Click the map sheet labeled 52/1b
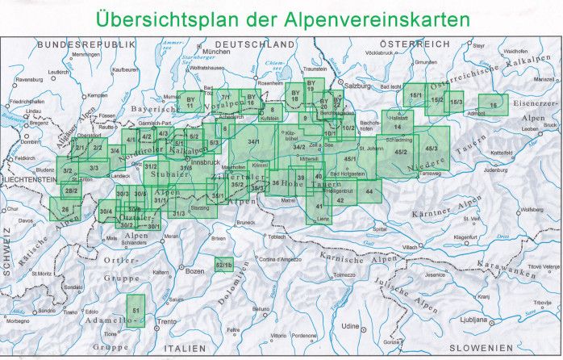(x=224, y=264)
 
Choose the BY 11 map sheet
(x=190, y=101)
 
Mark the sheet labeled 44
(x=369, y=190)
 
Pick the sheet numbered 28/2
(x=71, y=190)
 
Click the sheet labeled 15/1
(x=415, y=95)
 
